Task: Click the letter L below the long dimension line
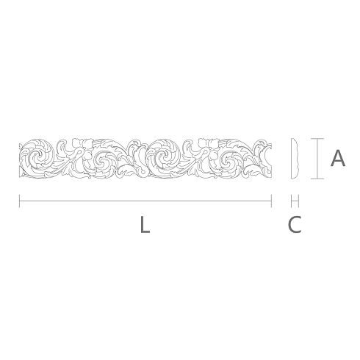click(145, 224)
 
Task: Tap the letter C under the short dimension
click(295, 224)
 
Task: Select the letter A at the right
click(338, 158)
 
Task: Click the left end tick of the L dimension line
click(19, 201)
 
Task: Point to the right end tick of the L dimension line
click(271, 201)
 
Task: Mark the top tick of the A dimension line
click(317, 139)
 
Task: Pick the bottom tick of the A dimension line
click(317, 179)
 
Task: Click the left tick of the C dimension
click(291, 201)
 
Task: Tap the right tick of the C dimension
click(299, 201)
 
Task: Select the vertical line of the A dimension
click(317, 159)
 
